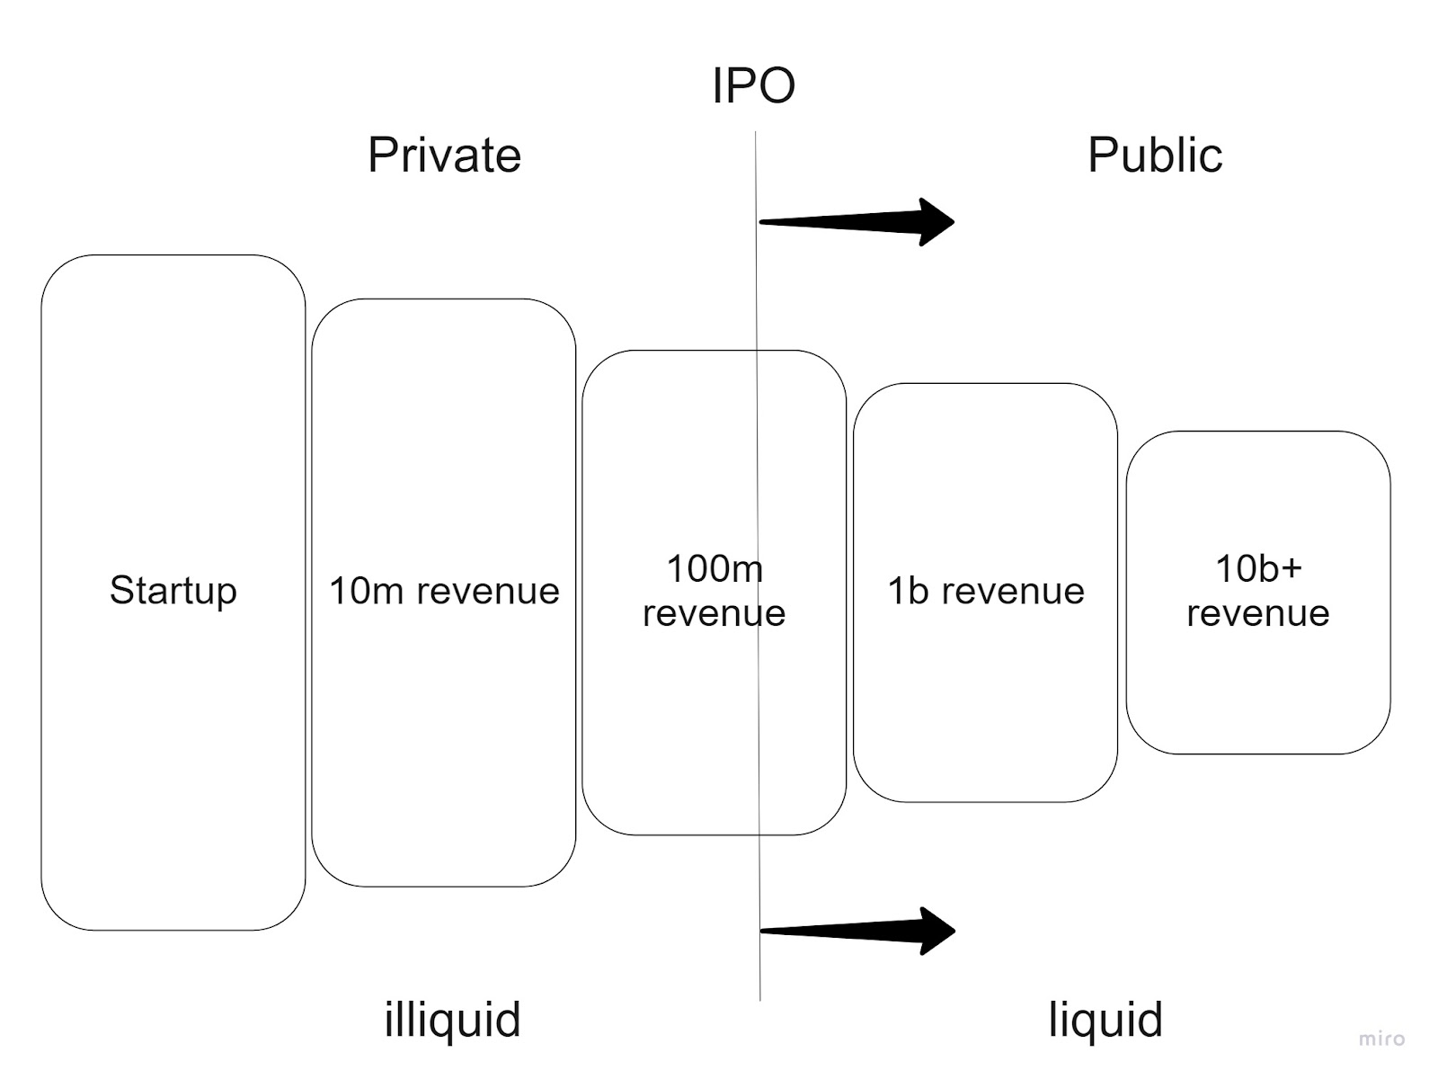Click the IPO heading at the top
(x=753, y=86)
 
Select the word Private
(x=444, y=155)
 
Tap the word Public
(x=1154, y=155)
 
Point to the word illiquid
(x=452, y=1020)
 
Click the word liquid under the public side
(x=1105, y=1020)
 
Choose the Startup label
(x=173, y=591)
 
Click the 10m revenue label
(x=444, y=591)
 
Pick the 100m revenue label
(x=715, y=591)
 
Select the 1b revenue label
(x=986, y=591)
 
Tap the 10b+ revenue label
(x=1257, y=591)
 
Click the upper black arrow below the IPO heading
(x=854, y=221)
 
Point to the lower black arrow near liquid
(x=854, y=931)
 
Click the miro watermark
(x=1380, y=1039)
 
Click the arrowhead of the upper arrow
(x=935, y=221)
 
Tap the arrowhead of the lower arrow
(x=936, y=931)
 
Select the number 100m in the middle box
(x=715, y=568)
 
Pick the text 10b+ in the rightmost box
(x=1257, y=568)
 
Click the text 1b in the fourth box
(x=907, y=591)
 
